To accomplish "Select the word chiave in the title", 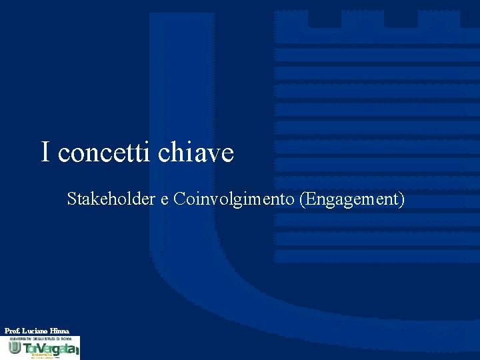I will [196, 153].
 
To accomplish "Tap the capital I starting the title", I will [45, 152].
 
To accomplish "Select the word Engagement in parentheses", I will [351, 199].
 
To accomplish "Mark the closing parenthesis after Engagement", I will [401, 199].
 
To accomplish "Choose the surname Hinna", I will [59, 331].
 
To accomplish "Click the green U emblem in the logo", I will [14, 348].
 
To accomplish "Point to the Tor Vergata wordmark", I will [50, 349].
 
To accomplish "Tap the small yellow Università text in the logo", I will [41, 356].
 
